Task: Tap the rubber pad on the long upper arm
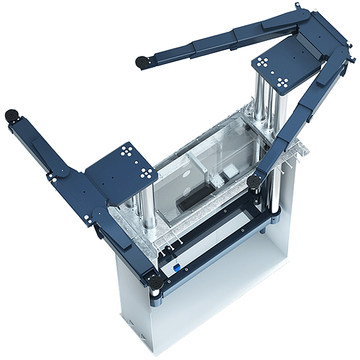[x=142, y=61]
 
